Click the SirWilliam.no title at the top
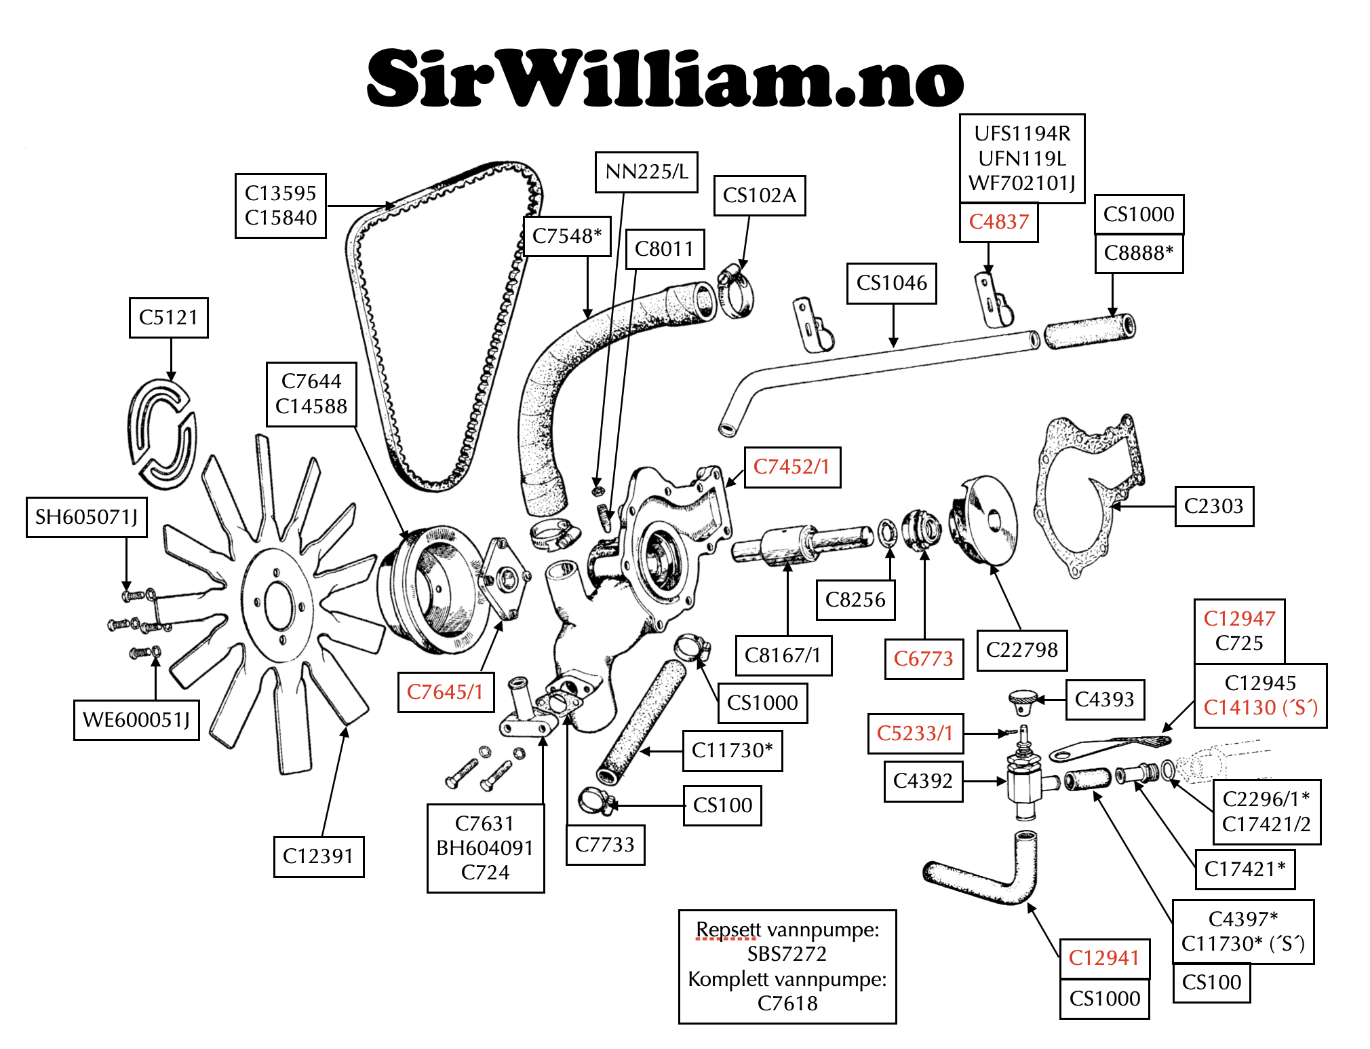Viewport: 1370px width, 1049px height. [665, 79]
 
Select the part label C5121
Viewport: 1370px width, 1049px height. [168, 318]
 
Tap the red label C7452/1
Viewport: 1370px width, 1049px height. [791, 467]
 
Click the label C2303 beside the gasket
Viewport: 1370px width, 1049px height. [1213, 506]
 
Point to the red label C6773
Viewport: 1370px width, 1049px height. [923, 659]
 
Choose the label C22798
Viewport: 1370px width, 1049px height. [1021, 650]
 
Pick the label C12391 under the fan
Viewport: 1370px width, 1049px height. [318, 856]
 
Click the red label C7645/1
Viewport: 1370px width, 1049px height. [445, 692]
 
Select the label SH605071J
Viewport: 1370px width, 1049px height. [86, 517]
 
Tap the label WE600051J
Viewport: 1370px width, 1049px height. [136, 720]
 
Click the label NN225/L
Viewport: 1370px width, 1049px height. [646, 172]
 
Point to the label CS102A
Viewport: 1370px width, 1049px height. [759, 195]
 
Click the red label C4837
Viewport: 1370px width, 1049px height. [998, 222]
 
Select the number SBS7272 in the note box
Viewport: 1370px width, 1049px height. [787, 954]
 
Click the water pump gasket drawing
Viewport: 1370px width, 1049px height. [1085, 495]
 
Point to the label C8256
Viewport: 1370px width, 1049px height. [855, 600]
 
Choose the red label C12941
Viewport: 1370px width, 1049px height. [1103, 958]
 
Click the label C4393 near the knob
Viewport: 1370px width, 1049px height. [1104, 700]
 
